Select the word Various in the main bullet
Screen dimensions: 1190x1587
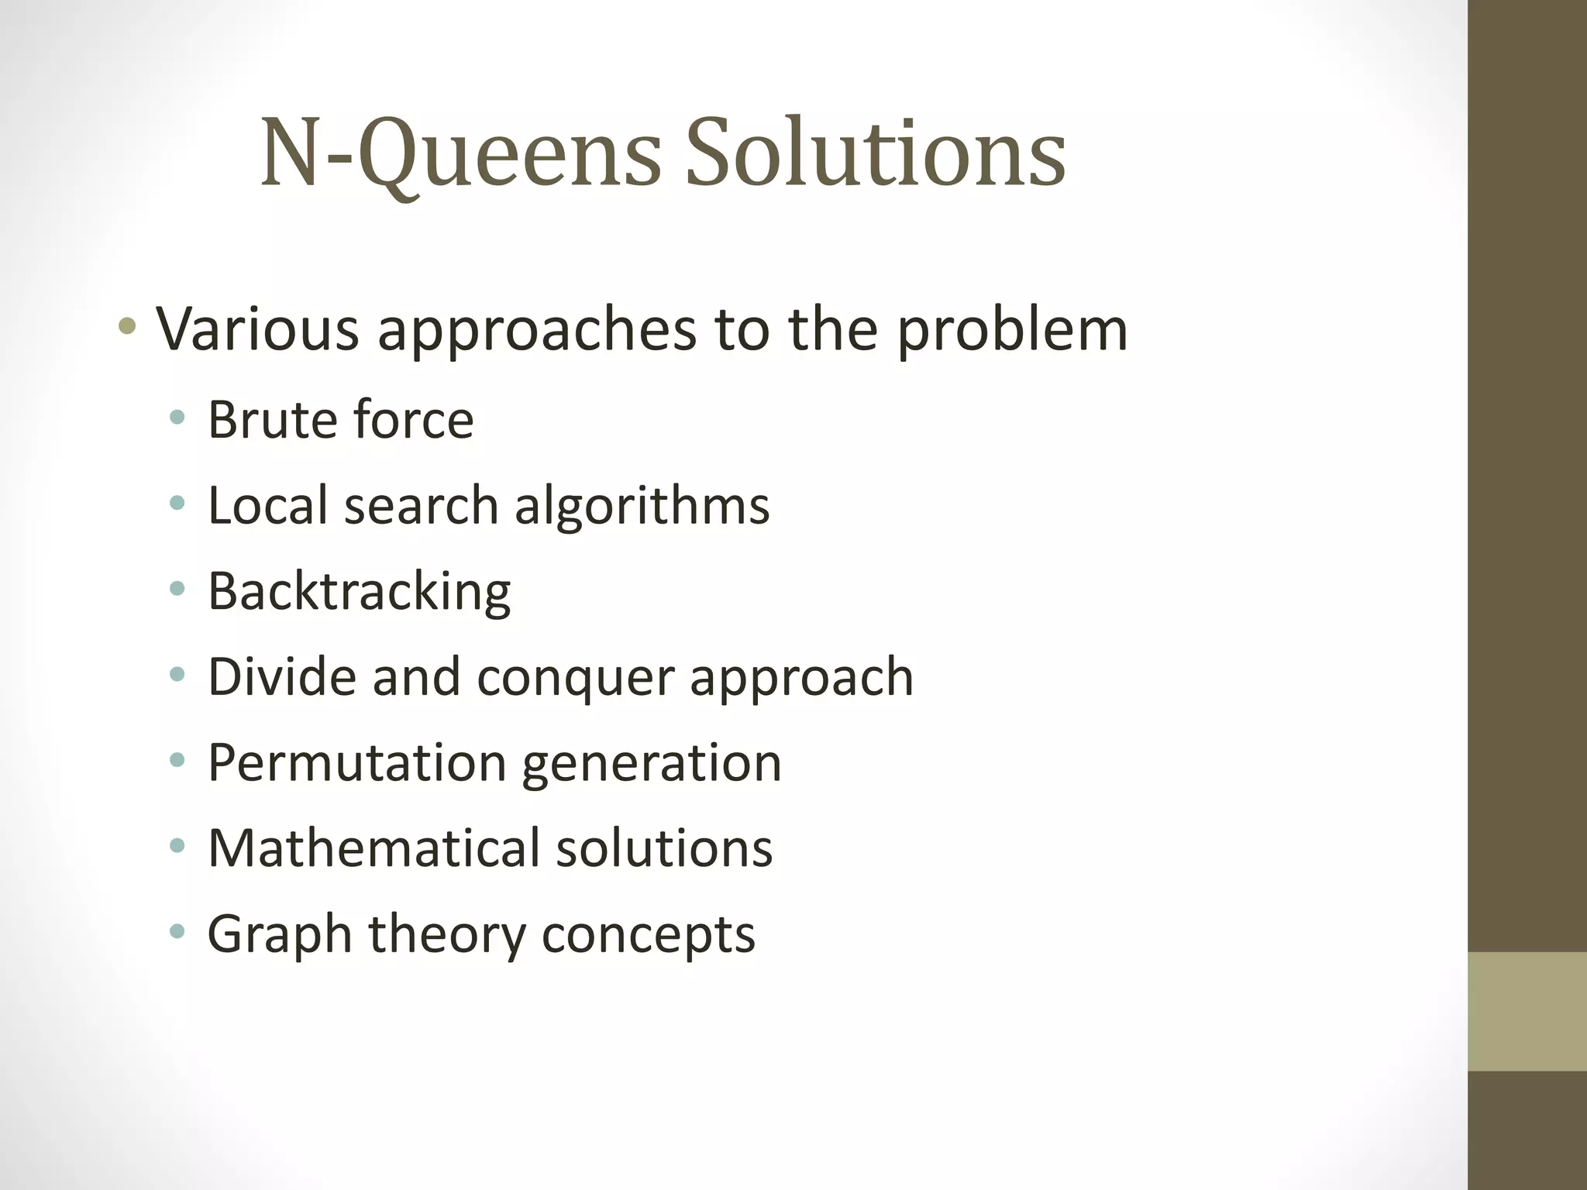(258, 329)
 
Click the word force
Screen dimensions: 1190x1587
(413, 419)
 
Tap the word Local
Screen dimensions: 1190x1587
(268, 505)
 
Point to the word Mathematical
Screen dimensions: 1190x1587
(374, 848)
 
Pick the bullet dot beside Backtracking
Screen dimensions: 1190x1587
(177, 590)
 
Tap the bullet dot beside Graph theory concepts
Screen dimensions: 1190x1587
(177, 930)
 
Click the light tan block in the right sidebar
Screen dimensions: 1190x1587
(1527, 1011)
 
